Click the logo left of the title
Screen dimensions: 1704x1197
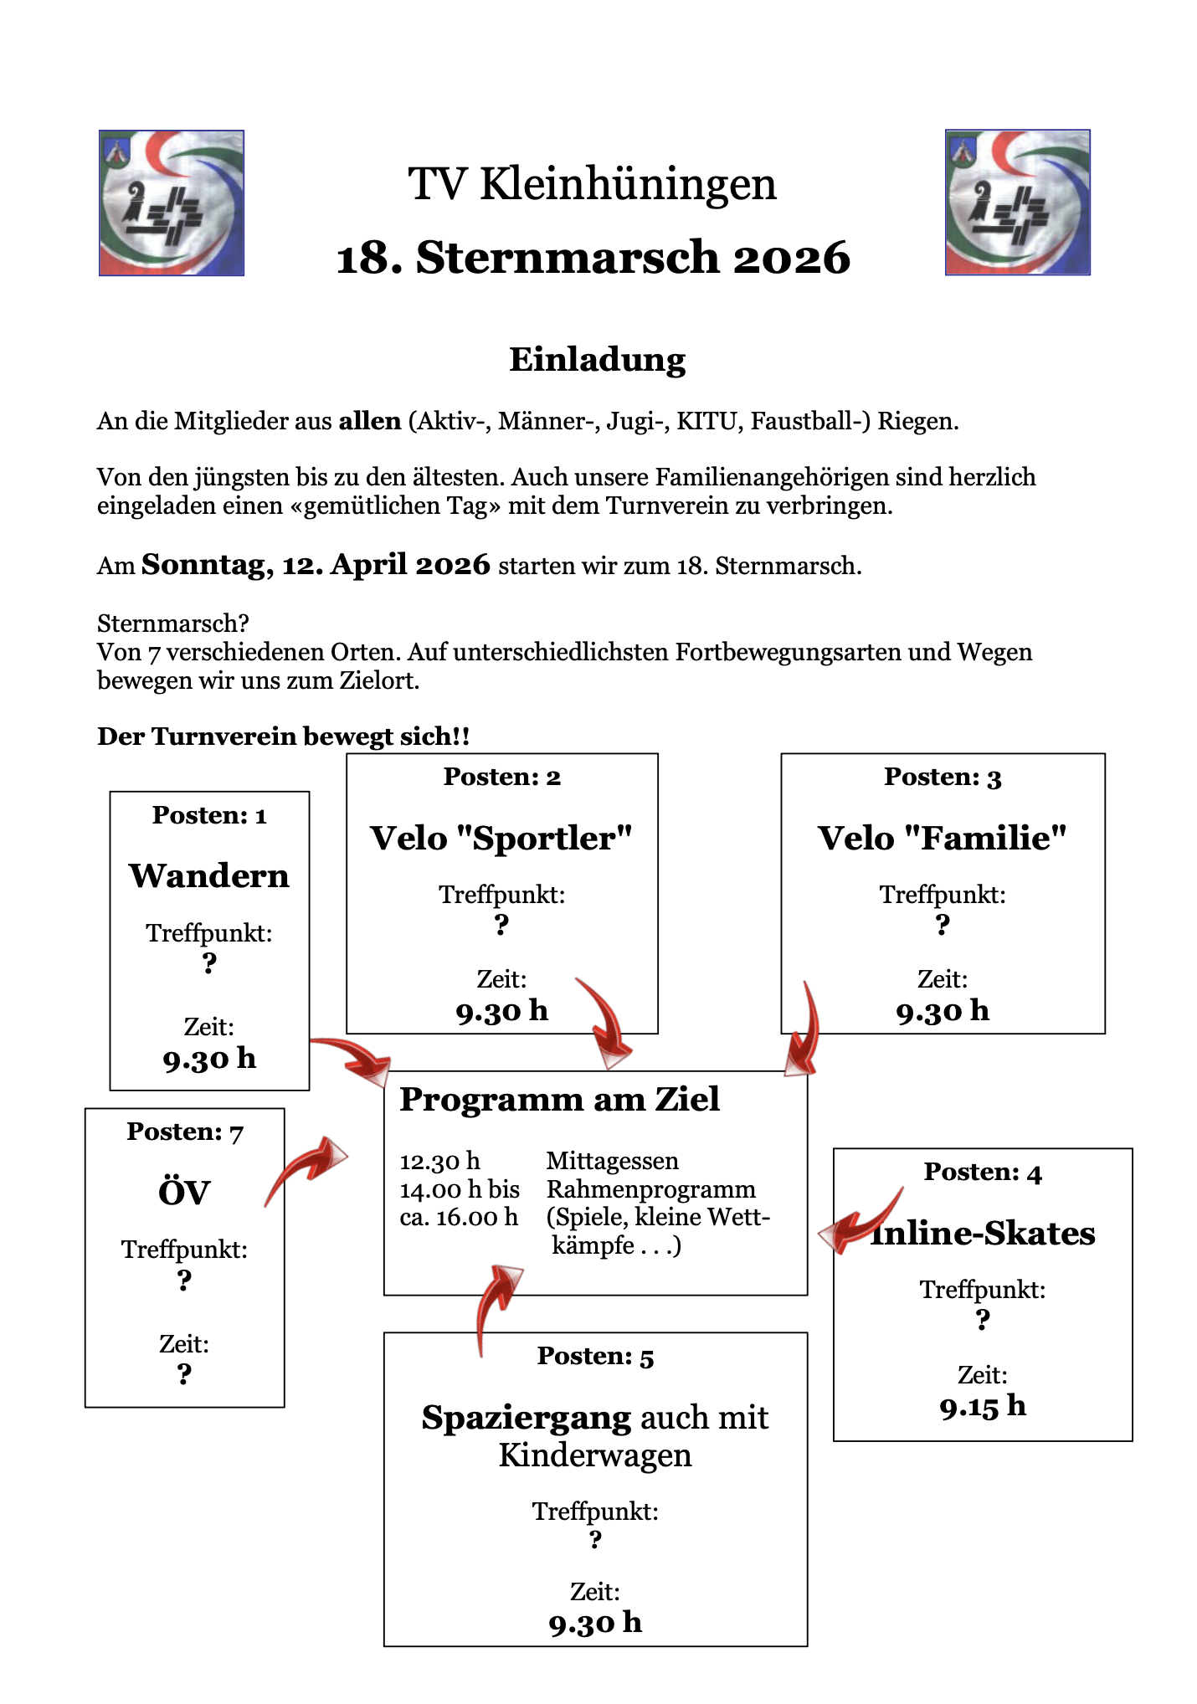coord(172,203)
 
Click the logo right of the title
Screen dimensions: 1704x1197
coord(1017,203)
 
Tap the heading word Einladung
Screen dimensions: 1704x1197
coord(597,360)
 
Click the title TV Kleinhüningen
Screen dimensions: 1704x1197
coord(592,184)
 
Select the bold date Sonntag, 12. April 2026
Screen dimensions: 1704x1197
coord(316,565)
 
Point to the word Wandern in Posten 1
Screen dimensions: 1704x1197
coord(209,876)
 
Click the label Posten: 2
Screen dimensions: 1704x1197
coord(502,777)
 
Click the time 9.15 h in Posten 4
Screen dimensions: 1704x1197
coord(983,1406)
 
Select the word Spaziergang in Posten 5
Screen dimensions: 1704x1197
coord(527,1418)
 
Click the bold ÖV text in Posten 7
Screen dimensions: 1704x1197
coord(184,1193)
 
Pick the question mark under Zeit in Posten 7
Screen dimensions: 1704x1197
coord(184,1373)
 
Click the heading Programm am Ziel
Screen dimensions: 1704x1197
coord(559,1100)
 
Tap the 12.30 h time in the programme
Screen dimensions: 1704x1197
coord(439,1162)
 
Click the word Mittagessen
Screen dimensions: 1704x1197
coord(612,1162)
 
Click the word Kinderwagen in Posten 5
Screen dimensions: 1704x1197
coord(595,1456)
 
